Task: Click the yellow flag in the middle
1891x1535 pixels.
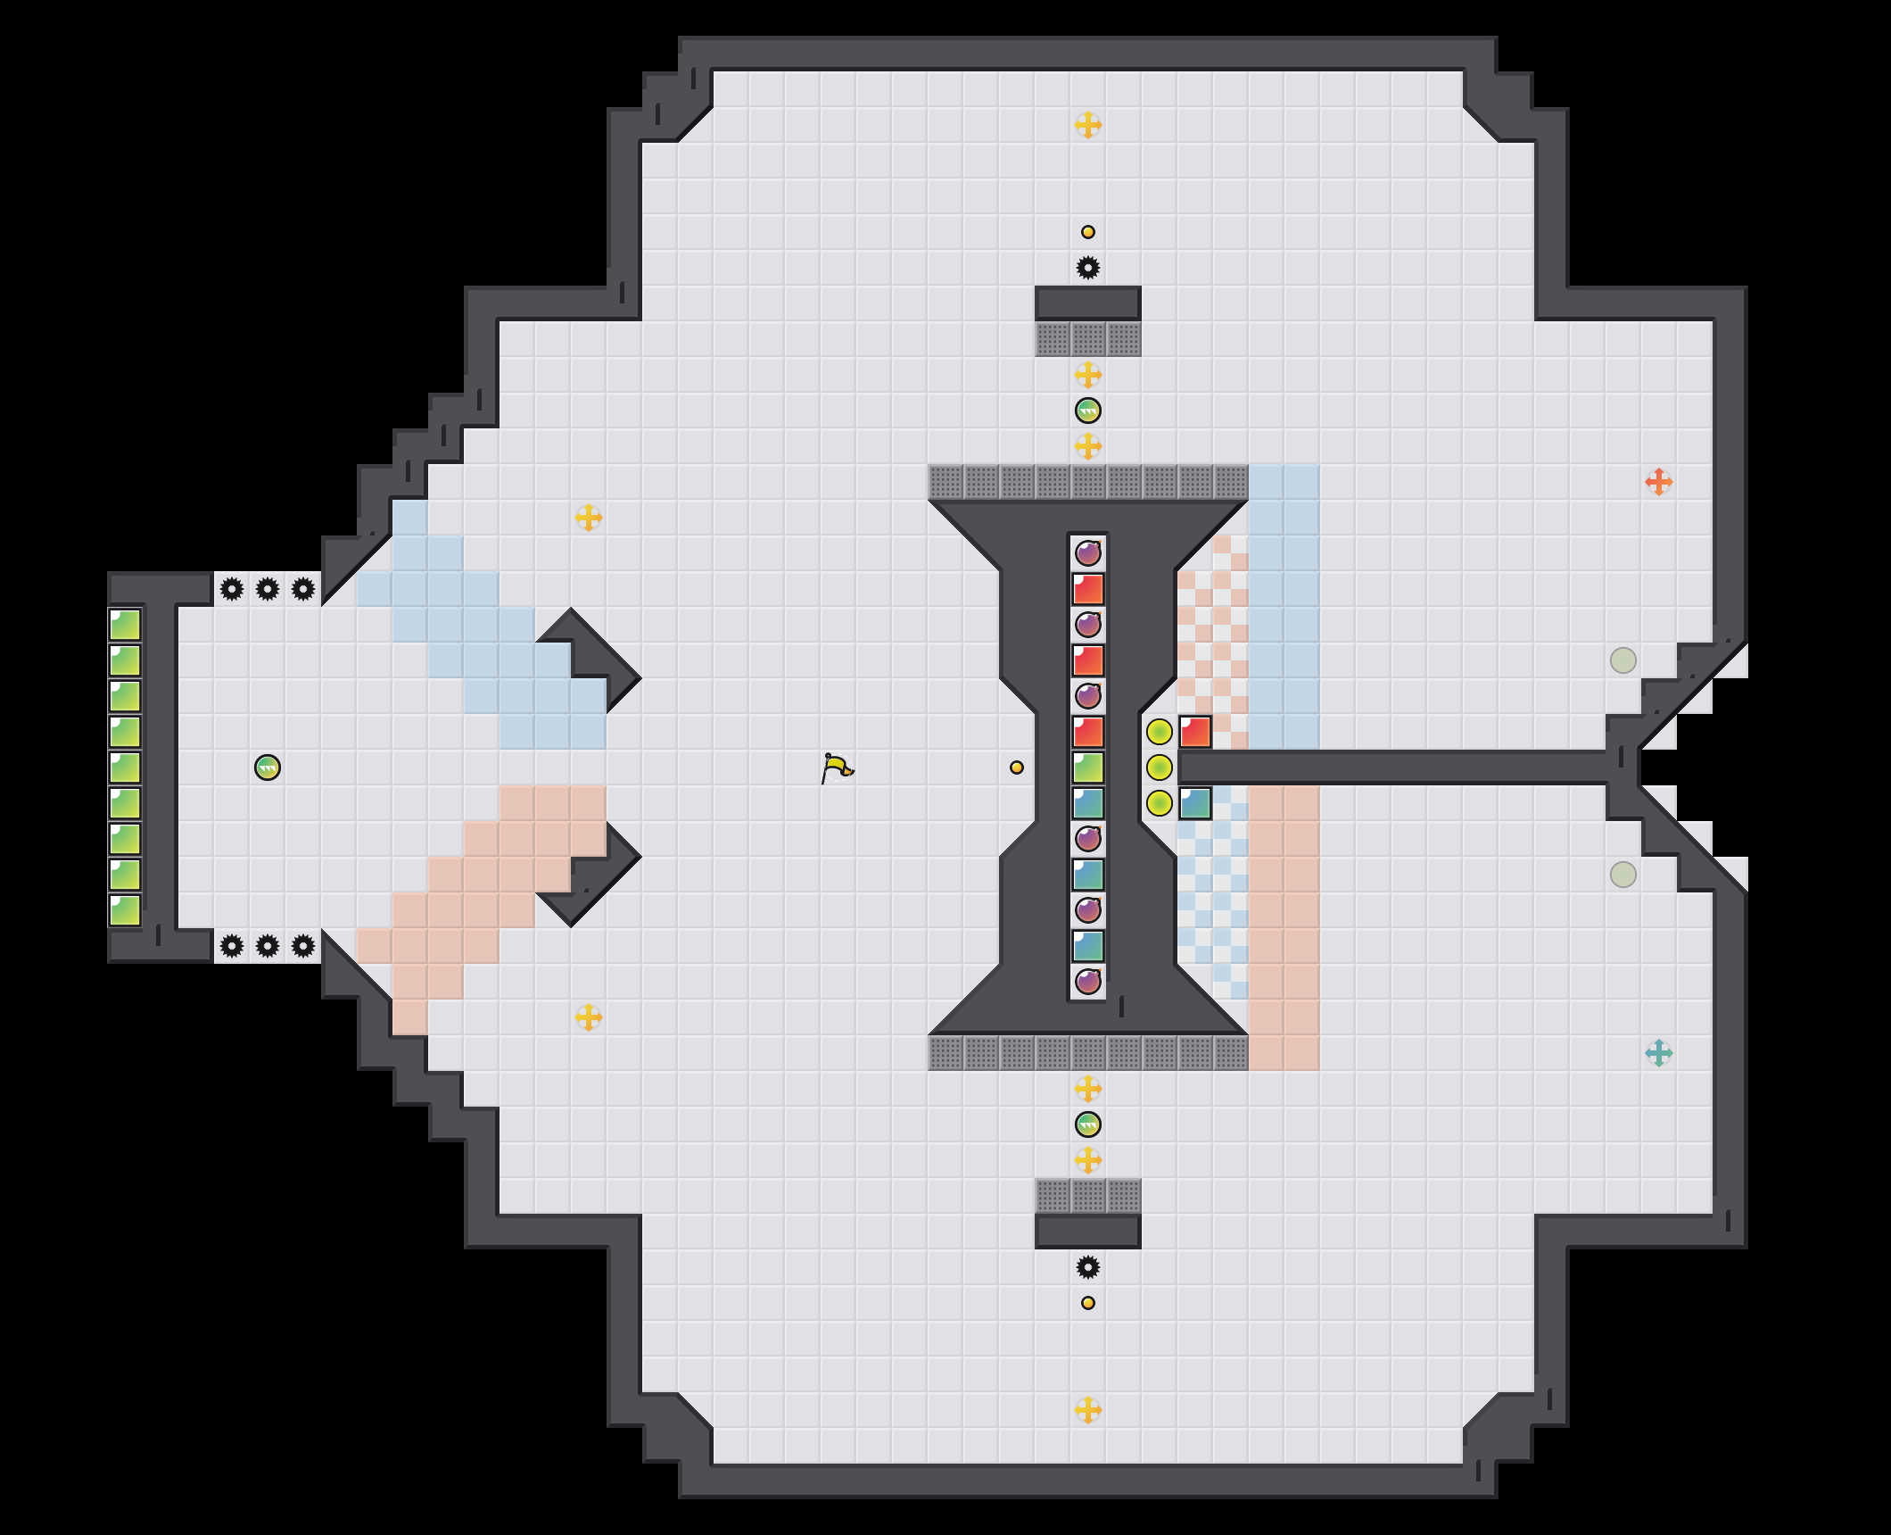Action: click(837, 767)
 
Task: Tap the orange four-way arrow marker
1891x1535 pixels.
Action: click(1658, 482)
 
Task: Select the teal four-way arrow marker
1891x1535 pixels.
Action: click(1658, 1053)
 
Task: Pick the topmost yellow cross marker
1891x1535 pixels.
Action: click(1087, 125)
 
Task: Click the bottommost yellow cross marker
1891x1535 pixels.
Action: click(1087, 1410)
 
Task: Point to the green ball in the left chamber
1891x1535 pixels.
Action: click(268, 767)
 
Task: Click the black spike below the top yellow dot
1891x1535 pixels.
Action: click(1087, 268)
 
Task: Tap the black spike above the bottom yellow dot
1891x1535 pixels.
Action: click(1087, 1267)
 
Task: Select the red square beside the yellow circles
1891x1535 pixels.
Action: click(1195, 732)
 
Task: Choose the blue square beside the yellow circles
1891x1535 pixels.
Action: click(1195, 803)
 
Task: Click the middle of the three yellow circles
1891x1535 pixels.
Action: click(1159, 767)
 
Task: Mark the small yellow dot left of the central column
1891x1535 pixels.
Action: click(1016, 767)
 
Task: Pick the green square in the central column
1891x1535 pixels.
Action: click(1088, 767)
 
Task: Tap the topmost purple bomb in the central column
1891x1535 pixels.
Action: click(1088, 553)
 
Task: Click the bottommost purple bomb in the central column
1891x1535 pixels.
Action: click(1088, 982)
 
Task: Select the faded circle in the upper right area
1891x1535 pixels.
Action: click(1623, 660)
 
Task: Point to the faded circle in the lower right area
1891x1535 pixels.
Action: click(1623, 875)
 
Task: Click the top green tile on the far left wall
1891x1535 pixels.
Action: click(125, 625)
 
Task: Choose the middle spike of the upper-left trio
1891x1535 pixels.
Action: click(268, 589)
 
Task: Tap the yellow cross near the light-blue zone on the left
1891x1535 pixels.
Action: click(588, 518)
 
